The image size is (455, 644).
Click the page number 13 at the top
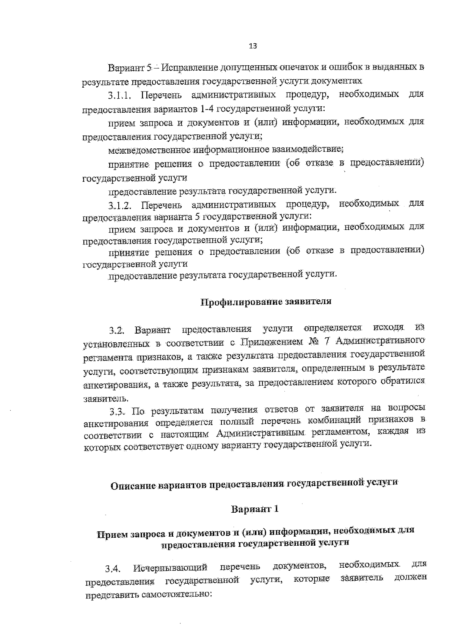click(253, 46)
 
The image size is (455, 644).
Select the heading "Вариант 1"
click(255, 509)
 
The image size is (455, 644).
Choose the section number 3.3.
click(117, 411)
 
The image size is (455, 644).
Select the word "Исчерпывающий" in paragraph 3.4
click(170, 568)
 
